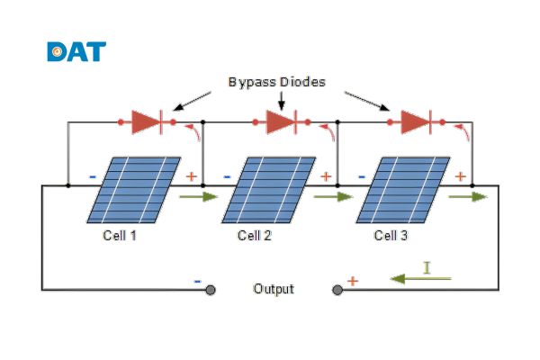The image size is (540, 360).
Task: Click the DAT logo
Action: (x=76, y=51)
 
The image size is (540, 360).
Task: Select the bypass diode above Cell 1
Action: (x=146, y=121)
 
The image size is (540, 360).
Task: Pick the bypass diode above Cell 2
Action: (x=281, y=121)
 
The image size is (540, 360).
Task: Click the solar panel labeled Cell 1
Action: (x=132, y=190)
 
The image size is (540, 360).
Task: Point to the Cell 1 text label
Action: (x=120, y=237)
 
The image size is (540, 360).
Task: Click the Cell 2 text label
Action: (x=255, y=237)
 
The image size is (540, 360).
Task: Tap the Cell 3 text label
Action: (x=391, y=237)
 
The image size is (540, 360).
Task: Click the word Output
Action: (x=274, y=289)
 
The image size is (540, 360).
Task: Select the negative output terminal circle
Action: (x=211, y=290)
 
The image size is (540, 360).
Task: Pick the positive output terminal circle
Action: (x=337, y=290)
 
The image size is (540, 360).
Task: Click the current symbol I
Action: (x=428, y=267)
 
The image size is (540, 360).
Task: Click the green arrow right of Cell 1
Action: (x=198, y=196)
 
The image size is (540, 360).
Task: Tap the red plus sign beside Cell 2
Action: (x=326, y=176)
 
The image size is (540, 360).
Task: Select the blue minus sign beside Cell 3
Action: (x=362, y=176)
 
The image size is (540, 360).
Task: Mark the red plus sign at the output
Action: (x=353, y=281)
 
